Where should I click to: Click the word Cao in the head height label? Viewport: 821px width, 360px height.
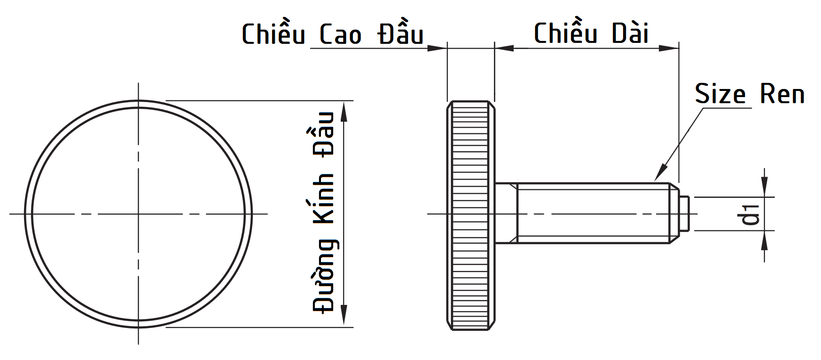click(x=340, y=35)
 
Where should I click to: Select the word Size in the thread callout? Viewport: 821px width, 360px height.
click(x=720, y=94)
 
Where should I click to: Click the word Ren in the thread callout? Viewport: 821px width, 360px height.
click(x=782, y=94)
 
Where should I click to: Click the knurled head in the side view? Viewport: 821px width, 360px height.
click(x=470, y=214)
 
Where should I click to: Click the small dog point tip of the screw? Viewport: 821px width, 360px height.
click(x=685, y=214)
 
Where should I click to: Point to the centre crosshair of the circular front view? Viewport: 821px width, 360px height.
click(x=139, y=214)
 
